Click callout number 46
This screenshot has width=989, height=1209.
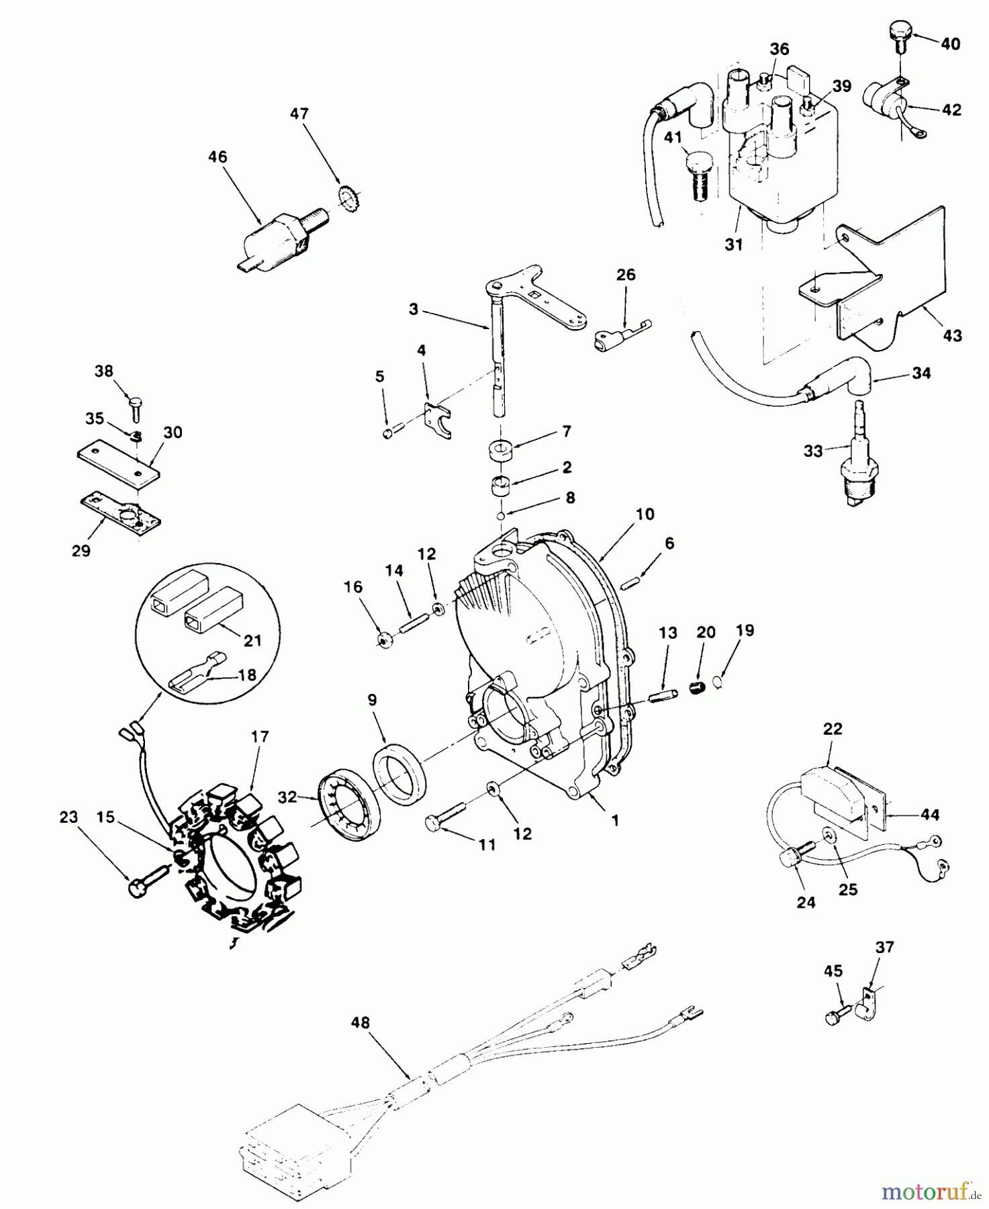[218, 157]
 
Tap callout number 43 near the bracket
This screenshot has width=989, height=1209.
[952, 335]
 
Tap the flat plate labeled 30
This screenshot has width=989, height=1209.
[118, 463]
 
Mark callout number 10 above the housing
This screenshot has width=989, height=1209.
[644, 514]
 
